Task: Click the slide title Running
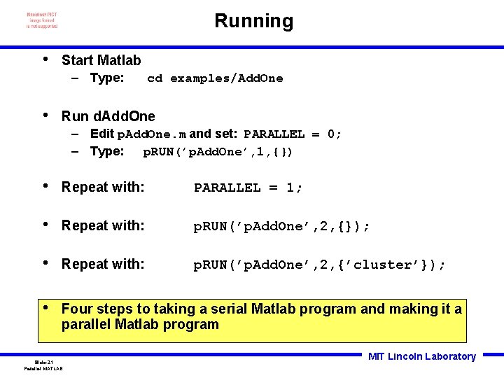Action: coord(253,21)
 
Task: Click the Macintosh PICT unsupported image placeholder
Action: coord(42,20)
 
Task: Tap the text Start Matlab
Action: coord(101,60)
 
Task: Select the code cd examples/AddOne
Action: coord(215,78)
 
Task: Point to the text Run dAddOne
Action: coord(108,116)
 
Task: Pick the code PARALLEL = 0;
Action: coord(293,134)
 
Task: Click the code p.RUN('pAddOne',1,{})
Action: coord(218,152)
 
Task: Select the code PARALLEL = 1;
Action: coord(248,188)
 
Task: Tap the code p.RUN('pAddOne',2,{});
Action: coord(281,226)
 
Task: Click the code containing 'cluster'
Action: coord(319,265)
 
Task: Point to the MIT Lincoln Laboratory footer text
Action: coord(421,356)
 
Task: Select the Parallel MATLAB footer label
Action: coord(43,368)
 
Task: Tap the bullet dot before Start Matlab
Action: coord(45,59)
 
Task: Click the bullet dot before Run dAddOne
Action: coord(45,115)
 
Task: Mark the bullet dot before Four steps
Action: coord(45,308)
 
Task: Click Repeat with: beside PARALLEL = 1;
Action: coord(103,188)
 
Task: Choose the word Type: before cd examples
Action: coord(107,78)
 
